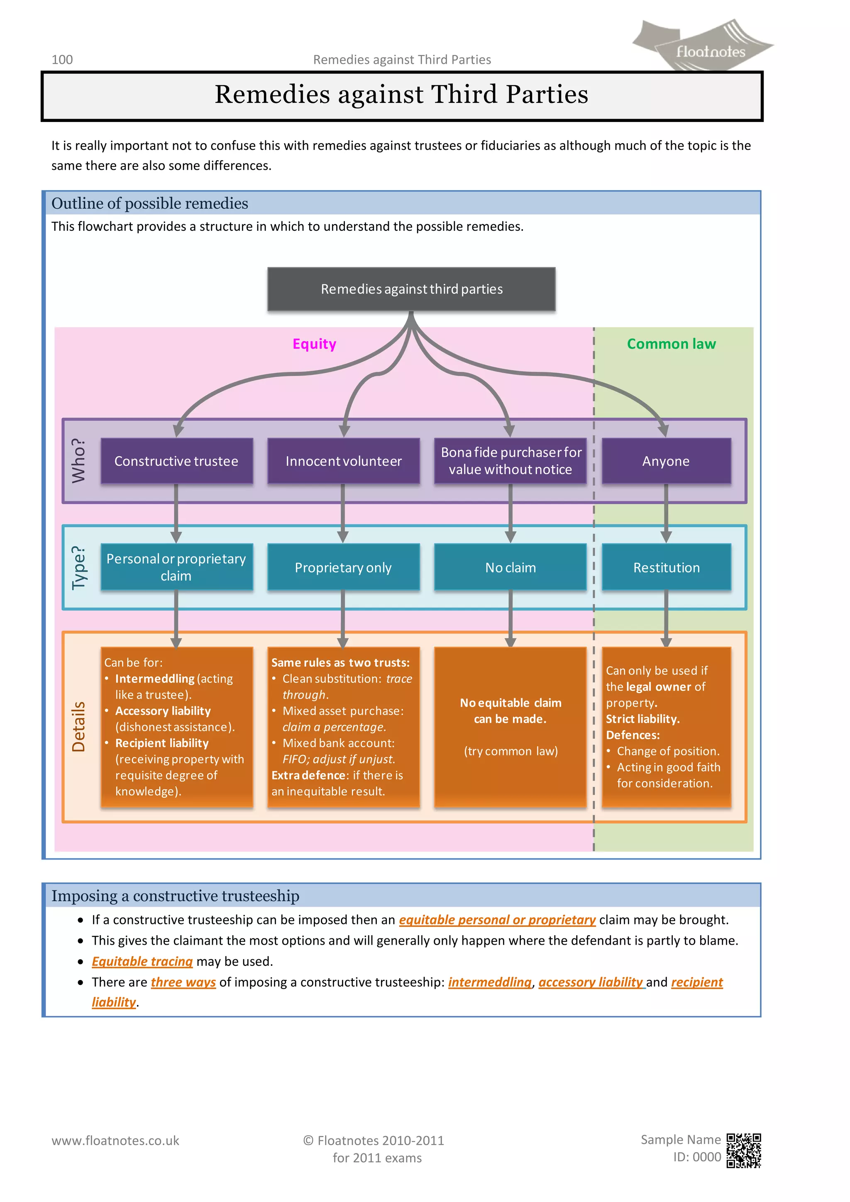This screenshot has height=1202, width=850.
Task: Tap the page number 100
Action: point(62,60)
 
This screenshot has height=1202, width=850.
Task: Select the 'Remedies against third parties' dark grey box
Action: point(411,289)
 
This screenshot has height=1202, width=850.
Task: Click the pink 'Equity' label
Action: point(314,344)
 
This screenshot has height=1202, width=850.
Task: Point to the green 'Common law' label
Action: point(671,344)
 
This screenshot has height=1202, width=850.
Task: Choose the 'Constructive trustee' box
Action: point(176,461)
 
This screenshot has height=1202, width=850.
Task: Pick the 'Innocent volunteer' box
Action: point(343,461)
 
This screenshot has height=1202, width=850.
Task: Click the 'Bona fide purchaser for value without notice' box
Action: point(510,461)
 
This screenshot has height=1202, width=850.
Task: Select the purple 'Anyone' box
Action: point(666,461)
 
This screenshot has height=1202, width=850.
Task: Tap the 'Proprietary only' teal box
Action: point(343,567)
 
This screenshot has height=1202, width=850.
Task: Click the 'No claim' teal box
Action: point(510,567)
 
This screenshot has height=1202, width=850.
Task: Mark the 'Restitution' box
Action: point(666,567)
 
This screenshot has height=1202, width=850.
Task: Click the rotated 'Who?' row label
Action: point(78,461)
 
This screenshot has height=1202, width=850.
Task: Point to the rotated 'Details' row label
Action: point(78,727)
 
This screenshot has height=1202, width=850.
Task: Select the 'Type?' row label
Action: point(78,567)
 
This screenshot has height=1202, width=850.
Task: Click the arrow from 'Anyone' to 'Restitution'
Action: point(666,513)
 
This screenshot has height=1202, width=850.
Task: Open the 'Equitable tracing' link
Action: point(142,961)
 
